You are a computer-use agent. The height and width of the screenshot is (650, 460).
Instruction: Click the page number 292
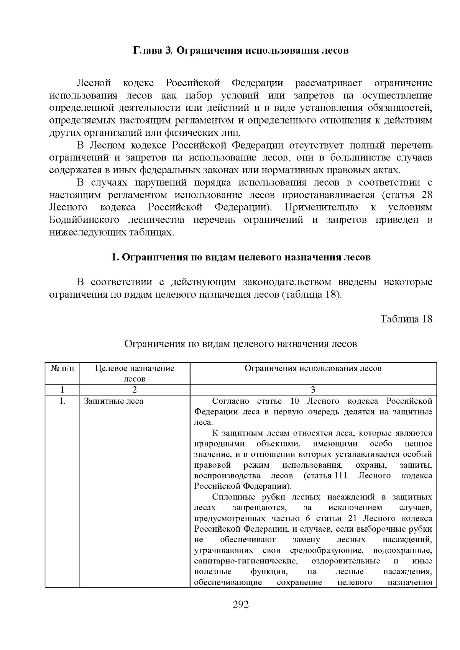(x=241, y=604)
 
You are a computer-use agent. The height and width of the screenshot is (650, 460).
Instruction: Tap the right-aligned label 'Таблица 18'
(x=406, y=319)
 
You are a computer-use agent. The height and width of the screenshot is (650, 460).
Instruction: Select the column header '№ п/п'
(x=62, y=368)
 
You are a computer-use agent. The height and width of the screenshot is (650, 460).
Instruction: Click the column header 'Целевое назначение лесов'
(x=135, y=373)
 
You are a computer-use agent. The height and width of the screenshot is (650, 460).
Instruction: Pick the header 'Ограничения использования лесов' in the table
(x=313, y=368)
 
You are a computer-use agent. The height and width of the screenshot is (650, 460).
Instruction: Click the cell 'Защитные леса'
(x=113, y=401)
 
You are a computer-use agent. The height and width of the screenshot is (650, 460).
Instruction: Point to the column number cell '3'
(x=313, y=390)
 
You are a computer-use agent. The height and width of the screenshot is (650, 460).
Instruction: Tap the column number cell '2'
(x=135, y=390)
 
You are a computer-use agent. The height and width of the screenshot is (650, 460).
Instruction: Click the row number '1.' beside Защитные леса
(x=62, y=401)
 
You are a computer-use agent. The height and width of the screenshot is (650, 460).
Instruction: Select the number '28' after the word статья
(x=427, y=195)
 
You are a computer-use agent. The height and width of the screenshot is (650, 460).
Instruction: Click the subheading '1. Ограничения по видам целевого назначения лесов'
(x=241, y=257)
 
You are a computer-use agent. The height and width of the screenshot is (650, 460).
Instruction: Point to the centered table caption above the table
(x=241, y=344)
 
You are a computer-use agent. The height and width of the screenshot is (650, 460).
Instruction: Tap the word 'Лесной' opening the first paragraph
(x=94, y=83)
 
